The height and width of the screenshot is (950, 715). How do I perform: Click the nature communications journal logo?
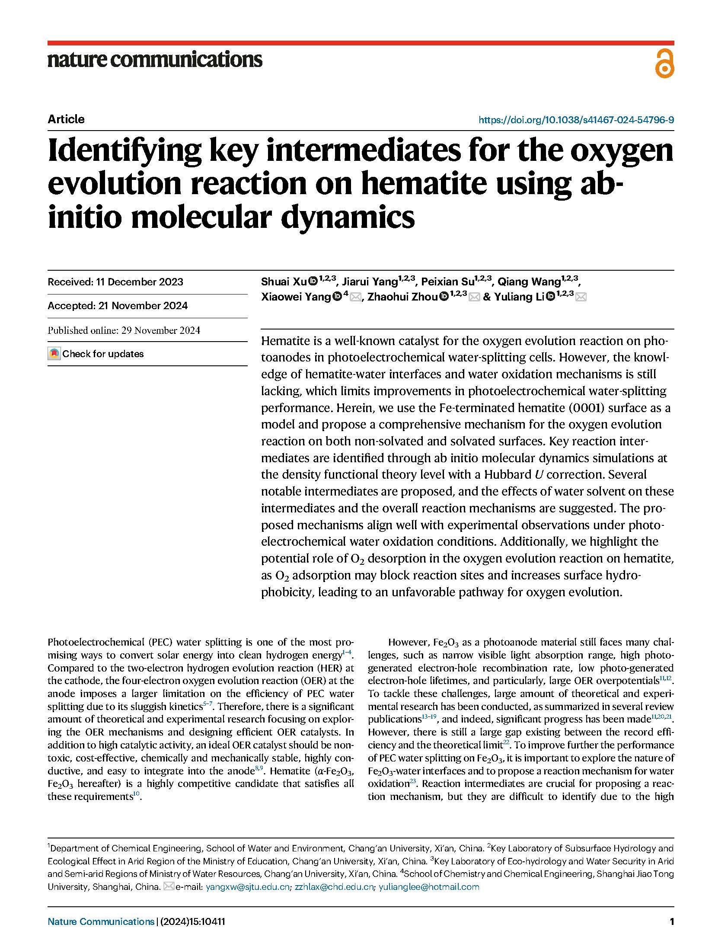coord(155,59)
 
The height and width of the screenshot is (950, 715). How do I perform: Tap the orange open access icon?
coord(664,63)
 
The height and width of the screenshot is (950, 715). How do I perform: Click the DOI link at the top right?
coord(576,120)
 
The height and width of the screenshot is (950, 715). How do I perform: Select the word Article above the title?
coord(66,119)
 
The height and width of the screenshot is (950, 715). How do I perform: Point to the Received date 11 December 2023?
coord(115,282)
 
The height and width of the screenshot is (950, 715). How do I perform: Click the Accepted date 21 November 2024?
coord(118,306)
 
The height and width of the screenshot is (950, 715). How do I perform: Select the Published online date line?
coord(124,330)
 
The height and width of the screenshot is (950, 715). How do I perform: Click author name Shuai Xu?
coord(284,282)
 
